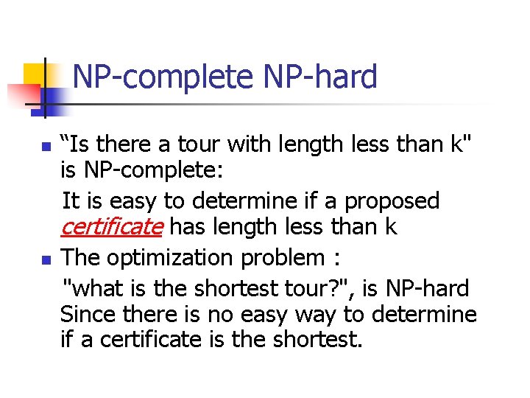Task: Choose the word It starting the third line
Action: click(71, 200)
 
